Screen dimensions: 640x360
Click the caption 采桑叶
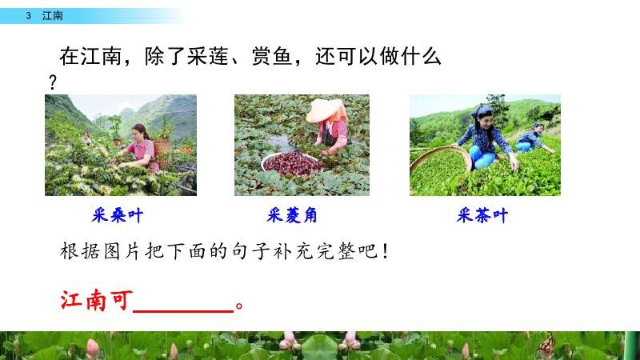[117, 215]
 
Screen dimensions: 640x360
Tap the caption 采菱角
[292, 215]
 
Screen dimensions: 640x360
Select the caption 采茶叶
[482, 215]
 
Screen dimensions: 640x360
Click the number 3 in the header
[28, 16]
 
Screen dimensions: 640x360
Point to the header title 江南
[52, 16]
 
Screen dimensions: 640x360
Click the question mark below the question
[52, 82]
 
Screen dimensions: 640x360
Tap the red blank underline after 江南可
[183, 311]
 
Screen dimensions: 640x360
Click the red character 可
[122, 301]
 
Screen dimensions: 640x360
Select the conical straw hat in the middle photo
[325, 110]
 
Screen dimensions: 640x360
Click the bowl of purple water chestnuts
[292, 163]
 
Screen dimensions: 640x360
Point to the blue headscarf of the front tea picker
[482, 111]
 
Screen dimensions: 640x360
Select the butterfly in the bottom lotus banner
[547, 346]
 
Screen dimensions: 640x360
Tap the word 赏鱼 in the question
[272, 56]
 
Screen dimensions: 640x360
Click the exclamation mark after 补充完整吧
[386, 251]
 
